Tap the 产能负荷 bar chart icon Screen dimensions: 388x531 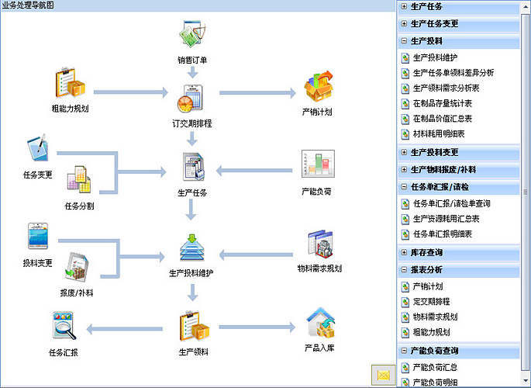316,165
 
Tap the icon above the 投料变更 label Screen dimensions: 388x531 39,237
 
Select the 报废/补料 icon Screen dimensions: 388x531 79,268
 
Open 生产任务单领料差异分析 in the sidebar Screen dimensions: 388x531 453,73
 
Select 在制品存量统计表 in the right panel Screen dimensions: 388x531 443,103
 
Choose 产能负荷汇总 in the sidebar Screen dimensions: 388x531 438,366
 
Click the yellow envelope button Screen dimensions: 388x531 383,375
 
